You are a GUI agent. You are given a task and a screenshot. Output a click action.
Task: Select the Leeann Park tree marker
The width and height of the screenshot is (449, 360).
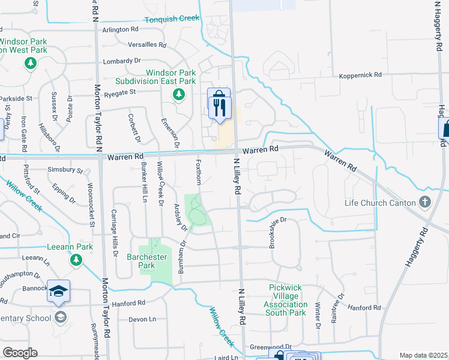pos(76,260)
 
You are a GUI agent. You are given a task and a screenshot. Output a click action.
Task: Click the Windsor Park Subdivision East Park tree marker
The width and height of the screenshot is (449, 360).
pos(178,94)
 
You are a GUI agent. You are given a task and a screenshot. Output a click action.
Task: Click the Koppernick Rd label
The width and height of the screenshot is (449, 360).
pos(360,75)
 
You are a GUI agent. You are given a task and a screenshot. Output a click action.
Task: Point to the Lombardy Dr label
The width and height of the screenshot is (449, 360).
pos(121,61)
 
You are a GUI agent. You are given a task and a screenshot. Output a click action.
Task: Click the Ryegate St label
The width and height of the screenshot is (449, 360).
pos(121,92)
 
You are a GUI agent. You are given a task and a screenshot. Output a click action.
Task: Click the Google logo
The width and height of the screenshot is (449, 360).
pos(20,353)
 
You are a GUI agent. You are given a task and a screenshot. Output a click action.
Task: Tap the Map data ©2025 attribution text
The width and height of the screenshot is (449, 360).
pos(423,355)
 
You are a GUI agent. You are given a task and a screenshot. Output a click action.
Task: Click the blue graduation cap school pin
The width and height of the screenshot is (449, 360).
pos(58,291)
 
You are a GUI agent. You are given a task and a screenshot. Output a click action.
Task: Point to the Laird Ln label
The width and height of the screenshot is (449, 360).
pos(225,358)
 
